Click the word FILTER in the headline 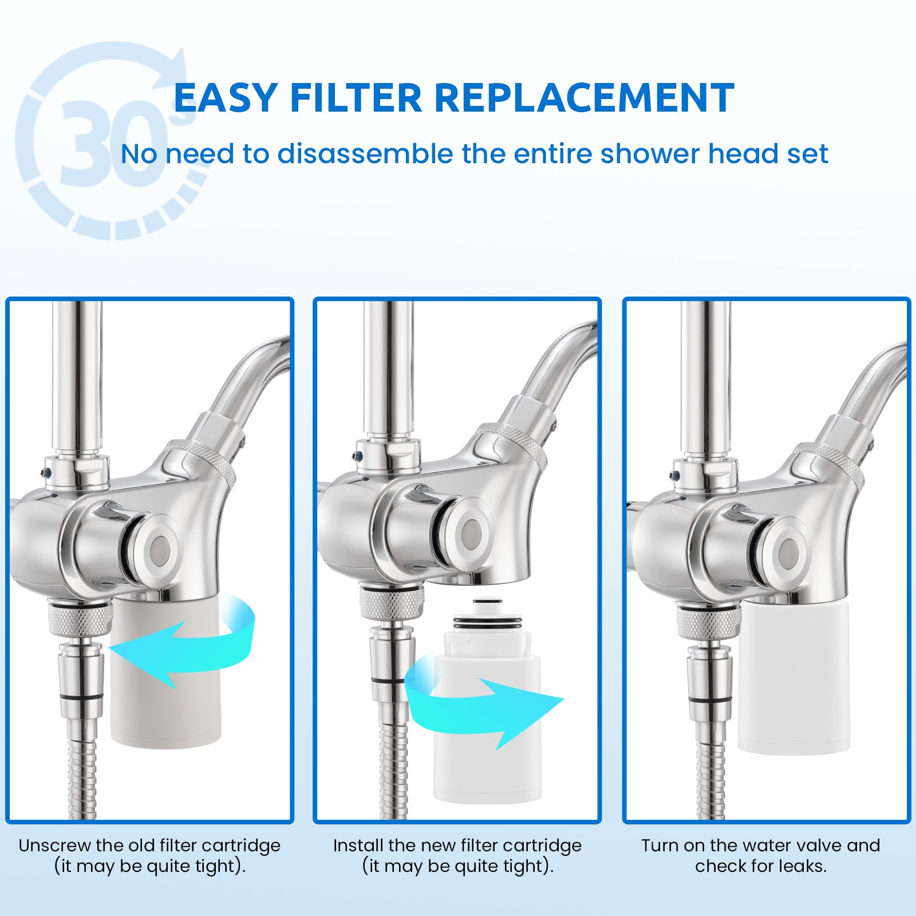(356, 98)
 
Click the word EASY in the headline (226, 98)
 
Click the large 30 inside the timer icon (109, 142)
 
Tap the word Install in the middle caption (358, 846)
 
